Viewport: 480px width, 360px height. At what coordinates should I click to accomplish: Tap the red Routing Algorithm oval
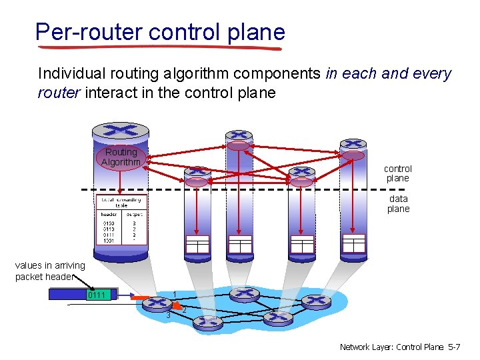(121, 157)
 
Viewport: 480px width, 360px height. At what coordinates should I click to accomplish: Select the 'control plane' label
(398, 173)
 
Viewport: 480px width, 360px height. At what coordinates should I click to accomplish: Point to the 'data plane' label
(398, 203)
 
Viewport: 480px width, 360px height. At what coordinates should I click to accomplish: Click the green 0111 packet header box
(99, 295)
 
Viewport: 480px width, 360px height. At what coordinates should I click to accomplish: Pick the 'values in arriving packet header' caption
(50, 271)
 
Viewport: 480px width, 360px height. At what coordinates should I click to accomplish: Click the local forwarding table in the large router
(121, 221)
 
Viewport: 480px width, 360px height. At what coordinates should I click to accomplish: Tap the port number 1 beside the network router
(174, 294)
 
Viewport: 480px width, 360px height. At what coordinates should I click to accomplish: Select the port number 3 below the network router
(168, 315)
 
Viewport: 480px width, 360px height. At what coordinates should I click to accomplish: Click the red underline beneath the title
(160, 47)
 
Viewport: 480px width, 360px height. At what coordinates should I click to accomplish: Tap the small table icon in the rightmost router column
(353, 243)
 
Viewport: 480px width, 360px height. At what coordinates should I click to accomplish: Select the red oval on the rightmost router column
(353, 155)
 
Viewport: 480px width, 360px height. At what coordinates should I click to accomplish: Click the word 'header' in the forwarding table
(109, 214)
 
